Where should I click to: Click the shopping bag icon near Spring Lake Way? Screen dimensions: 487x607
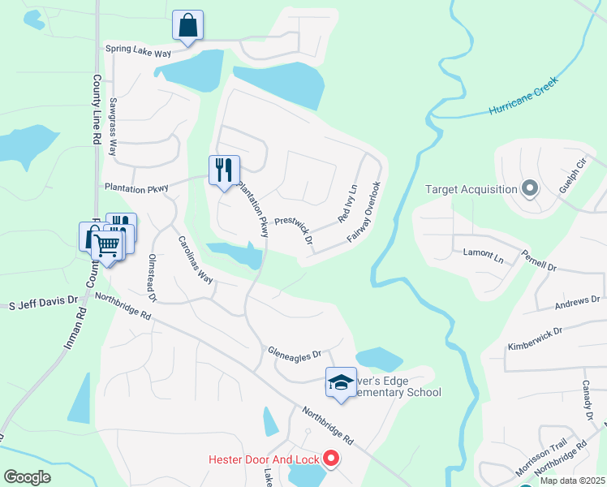[x=188, y=25]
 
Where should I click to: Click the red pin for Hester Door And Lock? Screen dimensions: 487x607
[x=331, y=459]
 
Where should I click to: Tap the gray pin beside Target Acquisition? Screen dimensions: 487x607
[x=530, y=189]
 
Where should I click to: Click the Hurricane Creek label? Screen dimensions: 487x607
[x=523, y=97]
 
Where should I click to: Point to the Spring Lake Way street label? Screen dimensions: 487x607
[x=139, y=50]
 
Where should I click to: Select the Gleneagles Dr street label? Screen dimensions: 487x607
[x=295, y=353]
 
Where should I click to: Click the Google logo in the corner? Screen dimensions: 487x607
[x=28, y=476]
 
